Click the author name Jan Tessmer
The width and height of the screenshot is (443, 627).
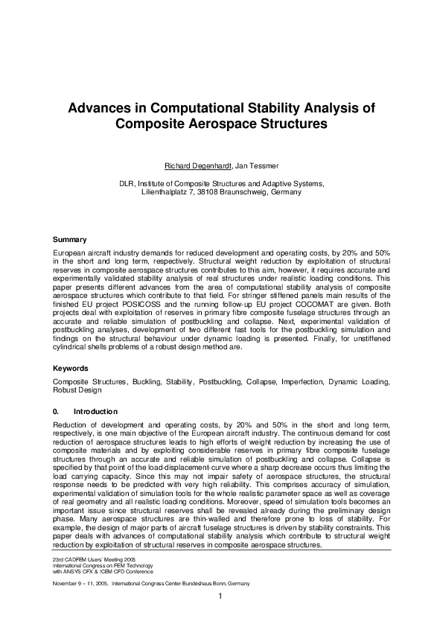click(x=252, y=165)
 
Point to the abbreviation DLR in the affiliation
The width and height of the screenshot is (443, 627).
click(x=128, y=182)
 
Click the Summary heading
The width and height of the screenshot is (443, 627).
click(x=70, y=240)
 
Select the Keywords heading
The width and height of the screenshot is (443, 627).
click(x=71, y=368)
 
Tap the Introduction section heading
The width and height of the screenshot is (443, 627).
click(x=95, y=411)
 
